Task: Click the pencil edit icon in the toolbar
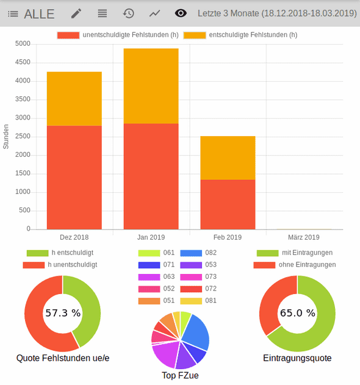coord(76,13)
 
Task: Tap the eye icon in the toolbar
coord(181,13)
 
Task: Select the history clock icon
coord(128,13)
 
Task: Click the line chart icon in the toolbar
coord(155,13)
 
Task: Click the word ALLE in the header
coord(39,13)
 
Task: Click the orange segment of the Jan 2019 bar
coord(151,86)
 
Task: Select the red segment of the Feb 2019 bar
coord(228,204)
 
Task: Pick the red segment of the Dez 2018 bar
coord(74,177)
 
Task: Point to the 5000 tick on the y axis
coord(23,44)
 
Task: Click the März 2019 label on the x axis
coord(303,237)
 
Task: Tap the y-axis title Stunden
coord(6,137)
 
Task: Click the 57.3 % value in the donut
coord(62,313)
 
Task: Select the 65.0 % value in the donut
coord(297,313)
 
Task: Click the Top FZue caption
coord(180,376)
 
